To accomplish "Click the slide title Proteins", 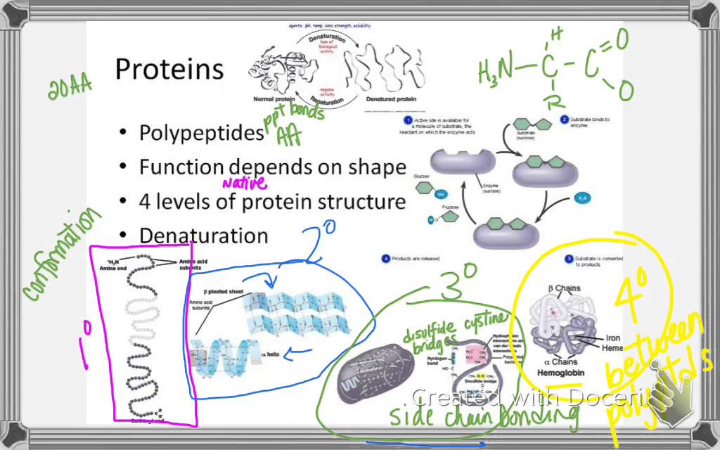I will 169,70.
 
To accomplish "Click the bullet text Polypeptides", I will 201,132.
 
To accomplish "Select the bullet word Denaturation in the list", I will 203,236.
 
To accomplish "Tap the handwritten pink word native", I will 245,184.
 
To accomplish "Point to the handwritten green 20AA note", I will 70,87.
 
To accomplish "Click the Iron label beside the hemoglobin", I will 613,338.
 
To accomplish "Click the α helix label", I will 270,355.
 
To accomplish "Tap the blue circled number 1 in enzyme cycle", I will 406,120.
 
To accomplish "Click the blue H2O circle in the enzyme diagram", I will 582,199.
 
